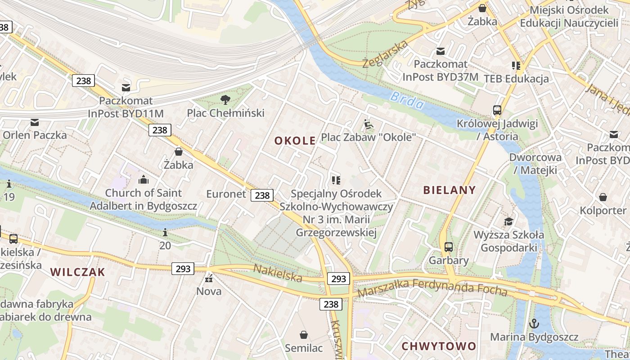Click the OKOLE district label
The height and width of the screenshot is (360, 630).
[x=295, y=141]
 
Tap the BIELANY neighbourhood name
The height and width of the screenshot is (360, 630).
[x=449, y=190]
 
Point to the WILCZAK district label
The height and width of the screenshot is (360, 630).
[x=77, y=272]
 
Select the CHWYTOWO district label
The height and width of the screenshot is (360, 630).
[x=438, y=346]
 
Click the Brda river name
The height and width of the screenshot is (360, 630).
[x=407, y=100]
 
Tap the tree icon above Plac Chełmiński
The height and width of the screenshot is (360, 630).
[x=225, y=99]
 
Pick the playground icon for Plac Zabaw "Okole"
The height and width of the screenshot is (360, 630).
[x=368, y=124]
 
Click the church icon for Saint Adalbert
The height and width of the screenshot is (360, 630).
[x=144, y=180]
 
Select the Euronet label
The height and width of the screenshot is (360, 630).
[x=226, y=194]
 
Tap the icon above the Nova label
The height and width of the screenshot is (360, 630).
[x=209, y=279]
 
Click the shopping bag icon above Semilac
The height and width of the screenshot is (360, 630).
[x=304, y=335]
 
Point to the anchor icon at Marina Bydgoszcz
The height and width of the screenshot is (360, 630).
[x=534, y=323]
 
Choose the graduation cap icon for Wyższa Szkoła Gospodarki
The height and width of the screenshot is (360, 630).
[x=508, y=221]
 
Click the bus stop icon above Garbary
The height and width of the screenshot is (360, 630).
[x=448, y=247]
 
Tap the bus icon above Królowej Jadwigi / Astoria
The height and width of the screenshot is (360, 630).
[x=497, y=110]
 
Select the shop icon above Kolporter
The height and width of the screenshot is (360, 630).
[x=603, y=197]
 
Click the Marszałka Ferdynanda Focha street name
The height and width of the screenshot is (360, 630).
[x=432, y=288]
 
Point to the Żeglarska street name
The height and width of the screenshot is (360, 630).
[x=385, y=53]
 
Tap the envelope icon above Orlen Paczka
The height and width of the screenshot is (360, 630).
[x=35, y=122]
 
